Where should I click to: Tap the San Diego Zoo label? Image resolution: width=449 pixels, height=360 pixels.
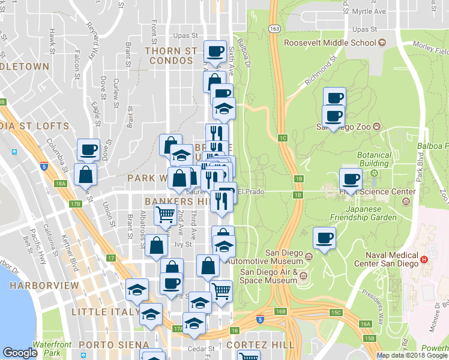pos(344,127)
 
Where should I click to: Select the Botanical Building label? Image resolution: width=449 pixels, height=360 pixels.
pos(374,159)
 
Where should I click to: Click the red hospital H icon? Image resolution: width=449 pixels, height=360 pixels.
pos(424,259)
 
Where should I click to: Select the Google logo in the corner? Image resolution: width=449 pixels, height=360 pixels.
pos(20,353)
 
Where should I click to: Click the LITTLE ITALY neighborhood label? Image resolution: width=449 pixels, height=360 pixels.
pos(98,312)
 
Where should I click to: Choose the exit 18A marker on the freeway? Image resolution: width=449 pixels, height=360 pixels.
pos(59,184)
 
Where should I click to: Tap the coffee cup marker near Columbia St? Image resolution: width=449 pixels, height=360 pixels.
pos(89,150)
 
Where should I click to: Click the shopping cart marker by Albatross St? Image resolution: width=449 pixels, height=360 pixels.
pos(165,213)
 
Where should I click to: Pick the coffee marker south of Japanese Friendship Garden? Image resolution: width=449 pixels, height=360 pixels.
pos(325,238)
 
